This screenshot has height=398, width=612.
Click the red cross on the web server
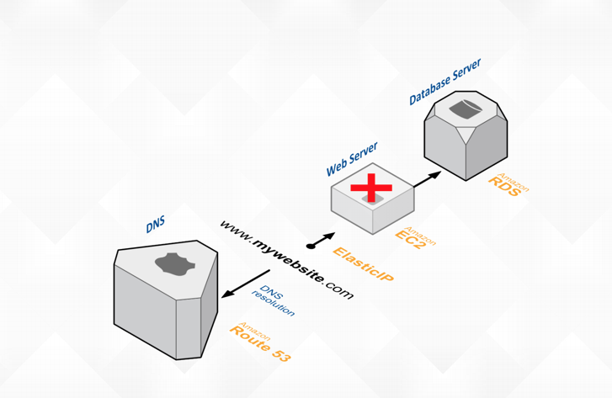[x=371, y=189]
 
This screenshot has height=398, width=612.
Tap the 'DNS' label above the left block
[x=156, y=225]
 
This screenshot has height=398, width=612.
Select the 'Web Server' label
[x=352, y=159]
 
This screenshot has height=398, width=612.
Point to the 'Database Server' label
[x=445, y=82]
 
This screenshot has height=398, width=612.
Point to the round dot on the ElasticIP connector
[x=311, y=247]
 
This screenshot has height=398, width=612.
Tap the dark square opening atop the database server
[x=462, y=109]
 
